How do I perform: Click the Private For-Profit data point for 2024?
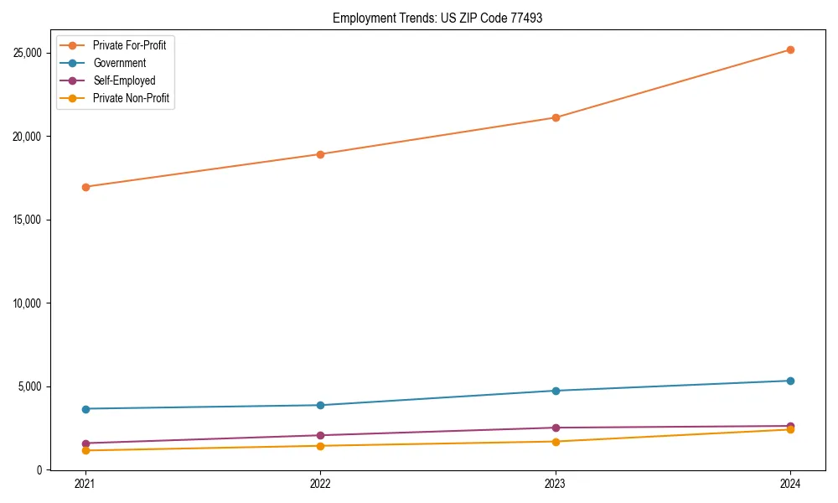790,49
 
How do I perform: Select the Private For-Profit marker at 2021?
85,187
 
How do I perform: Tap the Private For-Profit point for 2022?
320,154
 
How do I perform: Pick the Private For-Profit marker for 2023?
556,117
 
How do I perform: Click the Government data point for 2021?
85,409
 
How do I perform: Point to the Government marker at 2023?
556,391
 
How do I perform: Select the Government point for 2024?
790,381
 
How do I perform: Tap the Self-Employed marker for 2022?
320,435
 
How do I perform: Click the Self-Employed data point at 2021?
85,443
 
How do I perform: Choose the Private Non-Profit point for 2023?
556,442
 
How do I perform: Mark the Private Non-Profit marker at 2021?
85,451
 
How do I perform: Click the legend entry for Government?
119,63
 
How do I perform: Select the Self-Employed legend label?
124,80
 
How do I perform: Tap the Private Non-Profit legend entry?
131,98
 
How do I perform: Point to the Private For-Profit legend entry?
129,45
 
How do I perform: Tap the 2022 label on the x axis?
320,483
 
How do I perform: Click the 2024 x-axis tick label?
790,483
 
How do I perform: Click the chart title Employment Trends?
437,18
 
